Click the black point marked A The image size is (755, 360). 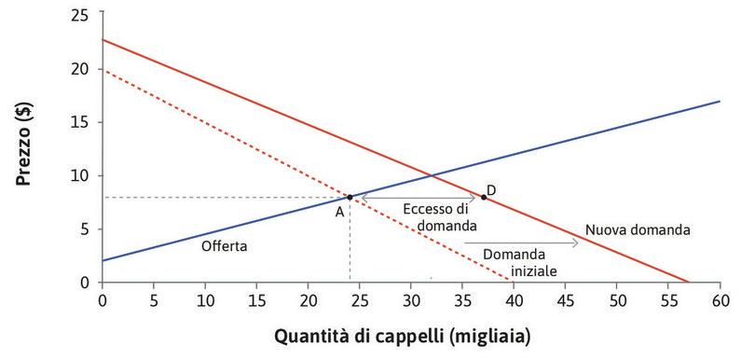350,197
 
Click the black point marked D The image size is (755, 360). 483,197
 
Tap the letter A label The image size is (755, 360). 341,212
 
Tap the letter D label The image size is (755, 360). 491,190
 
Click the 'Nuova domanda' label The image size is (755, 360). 638,229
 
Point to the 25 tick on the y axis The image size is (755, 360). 85,15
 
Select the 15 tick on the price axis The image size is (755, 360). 85,122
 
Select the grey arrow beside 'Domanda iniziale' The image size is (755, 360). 550,242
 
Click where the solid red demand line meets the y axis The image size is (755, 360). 103,40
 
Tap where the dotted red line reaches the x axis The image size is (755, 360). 513,283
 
